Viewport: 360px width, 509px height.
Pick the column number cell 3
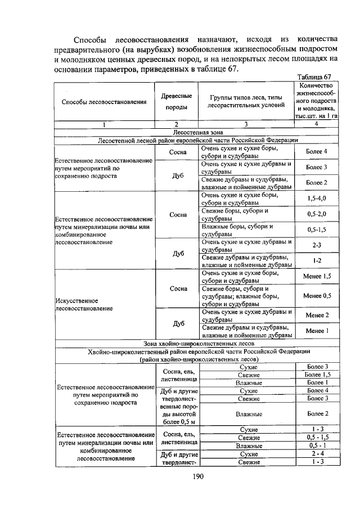(x=245, y=124)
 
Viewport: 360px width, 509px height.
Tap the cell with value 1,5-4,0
(x=317, y=199)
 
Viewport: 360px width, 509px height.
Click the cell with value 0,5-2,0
(x=317, y=214)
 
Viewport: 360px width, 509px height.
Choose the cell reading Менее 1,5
(x=317, y=276)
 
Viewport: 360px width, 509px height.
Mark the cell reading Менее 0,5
(x=317, y=295)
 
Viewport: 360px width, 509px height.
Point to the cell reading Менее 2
(x=317, y=315)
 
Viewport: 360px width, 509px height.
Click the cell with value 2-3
(x=317, y=245)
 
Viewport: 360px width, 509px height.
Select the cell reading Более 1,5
(x=317, y=375)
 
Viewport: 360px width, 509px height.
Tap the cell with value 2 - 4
(x=317, y=454)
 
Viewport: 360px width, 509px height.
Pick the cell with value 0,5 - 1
(x=317, y=445)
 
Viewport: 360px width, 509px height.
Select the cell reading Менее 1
(x=317, y=331)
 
